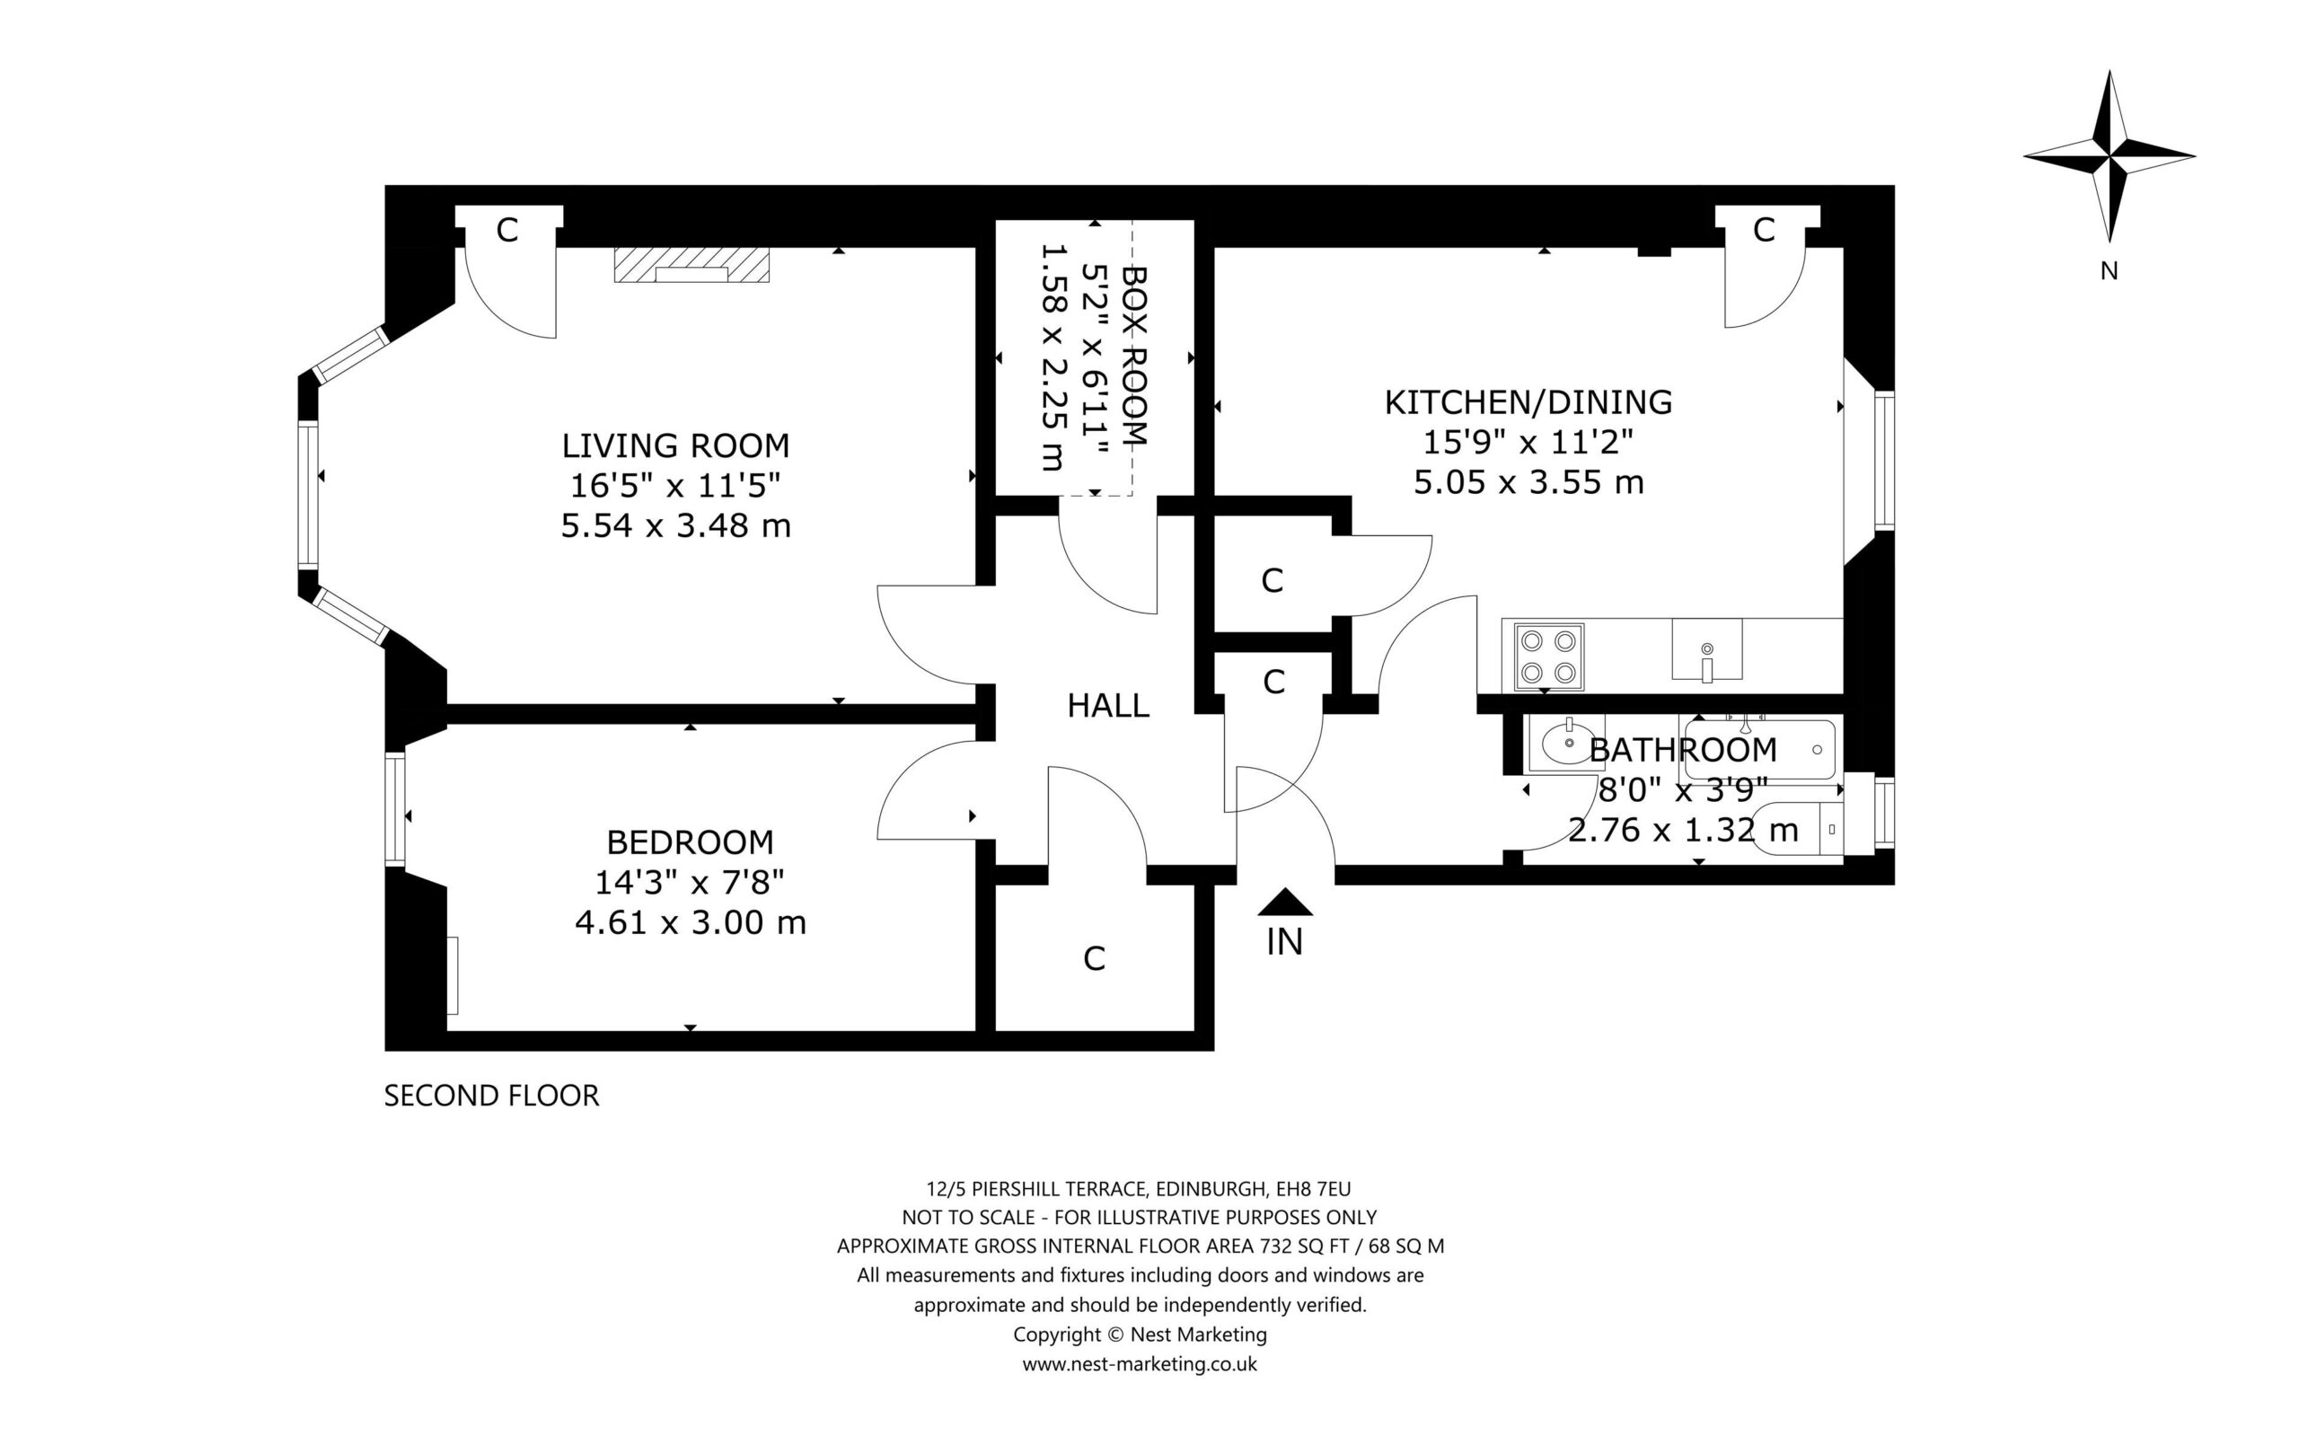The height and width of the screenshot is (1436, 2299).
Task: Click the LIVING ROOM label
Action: pyautogui.click(x=675, y=445)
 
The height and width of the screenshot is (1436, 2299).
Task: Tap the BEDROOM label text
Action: pyautogui.click(x=691, y=842)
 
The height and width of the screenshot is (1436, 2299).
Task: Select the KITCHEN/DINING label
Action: pyautogui.click(x=1528, y=402)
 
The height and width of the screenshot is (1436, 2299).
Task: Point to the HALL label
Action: pyautogui.click(x=1108, y=706)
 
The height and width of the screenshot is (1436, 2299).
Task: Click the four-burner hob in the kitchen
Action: pyautogui.click(x=1549, y=657)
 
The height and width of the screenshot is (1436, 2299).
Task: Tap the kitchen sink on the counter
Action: pyautogui.click(x=1706, y=649)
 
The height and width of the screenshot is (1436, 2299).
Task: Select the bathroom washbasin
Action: pyautogui.click(x=1565, y=743)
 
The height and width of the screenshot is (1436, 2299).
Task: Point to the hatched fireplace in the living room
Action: pyautogui.click(x=691, y=265)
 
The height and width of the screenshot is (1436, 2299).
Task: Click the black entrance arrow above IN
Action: pyautogui.click(x=1285, y=903)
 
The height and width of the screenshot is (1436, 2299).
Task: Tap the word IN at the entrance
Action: pyautogui.click(x=1285, y=942)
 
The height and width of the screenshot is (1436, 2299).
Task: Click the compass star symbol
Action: pyautogui.click(x=2110, y=155)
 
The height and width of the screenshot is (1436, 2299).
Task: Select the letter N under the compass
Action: pyautogui.click(x=2110, y=271)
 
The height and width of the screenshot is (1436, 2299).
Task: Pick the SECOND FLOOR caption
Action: pyautogui.click(x=492, y=1096)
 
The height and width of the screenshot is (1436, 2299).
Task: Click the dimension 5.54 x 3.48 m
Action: pyautogui.click(x=675, y=525)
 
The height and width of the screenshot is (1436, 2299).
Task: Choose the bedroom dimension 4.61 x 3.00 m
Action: pyautogui.click(x=691, y=922)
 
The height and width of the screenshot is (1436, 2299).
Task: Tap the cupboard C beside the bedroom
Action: pyautogui.click(x=1094, y=959)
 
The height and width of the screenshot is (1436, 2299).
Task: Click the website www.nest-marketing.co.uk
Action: pyautogui.click(x=1140, y=1365)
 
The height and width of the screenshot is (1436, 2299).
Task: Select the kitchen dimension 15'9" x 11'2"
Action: pyautogui.click(x=1528, y=443)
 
